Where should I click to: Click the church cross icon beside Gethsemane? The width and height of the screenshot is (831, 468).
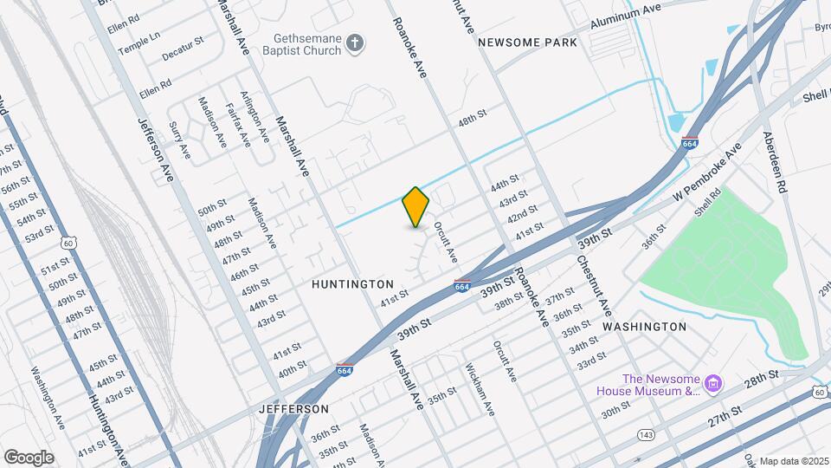[x=354, y=43]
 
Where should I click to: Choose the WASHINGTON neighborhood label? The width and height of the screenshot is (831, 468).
[x=644, y=327]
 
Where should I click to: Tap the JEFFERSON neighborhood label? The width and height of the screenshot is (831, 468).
[x=293, y=408]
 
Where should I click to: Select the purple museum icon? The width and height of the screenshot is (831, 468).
[x=713, y=383]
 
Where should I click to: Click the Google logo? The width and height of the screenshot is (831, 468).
[x=29, y=457]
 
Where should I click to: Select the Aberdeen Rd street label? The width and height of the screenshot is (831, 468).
[x=774, y=162]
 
